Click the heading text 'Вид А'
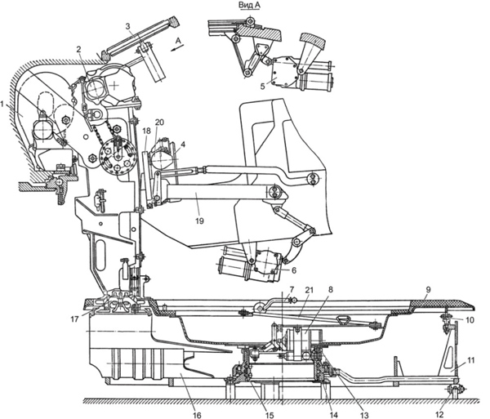pyautogui.click(x=249, y=6)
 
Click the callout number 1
pyautogui.click(x=2, y=105)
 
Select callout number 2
pyautogui.click(x=78, y=49)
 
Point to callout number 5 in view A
pyautogui.click(x=262, y=86)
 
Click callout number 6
pyautogui.click(x=294, y=270)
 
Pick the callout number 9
pyautogui.click(x=428, y=290)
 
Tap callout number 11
pyautogui.click(x=471, y=360)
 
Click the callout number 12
pyautogui.click(x=439, y=415)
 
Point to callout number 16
pyautogui.click(x=197, y=415)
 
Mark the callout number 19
pyautogui.click(x=199, y=221)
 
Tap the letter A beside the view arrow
pyautogui.click(x=178, y=40)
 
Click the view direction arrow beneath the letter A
pyautogui.click(x=177, y=48)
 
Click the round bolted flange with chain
pyautogui.click(x=117, y=155)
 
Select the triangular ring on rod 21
pyautogui.click(x=342, y=320)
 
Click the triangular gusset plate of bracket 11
pyautogui.click(x=448, y=351)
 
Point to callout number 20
pyautogui.click(x=159, y=123)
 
